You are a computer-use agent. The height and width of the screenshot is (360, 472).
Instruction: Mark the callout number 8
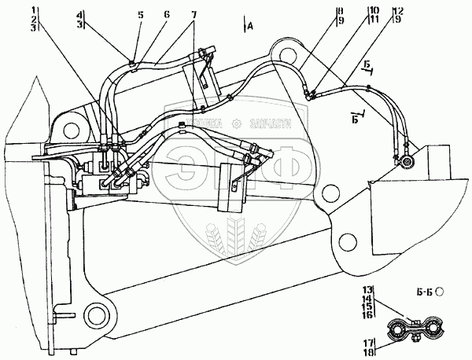(x=319, y=11)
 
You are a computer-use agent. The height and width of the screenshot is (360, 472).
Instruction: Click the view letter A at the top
(x=249, y=27)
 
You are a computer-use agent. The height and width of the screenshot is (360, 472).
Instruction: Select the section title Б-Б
(x=430, y=292)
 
